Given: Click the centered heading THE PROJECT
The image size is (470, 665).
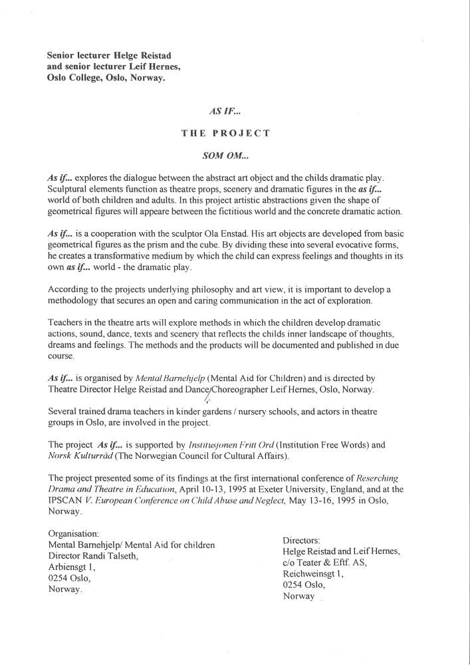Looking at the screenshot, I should (225, 133).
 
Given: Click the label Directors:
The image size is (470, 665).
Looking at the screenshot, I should (302, 541).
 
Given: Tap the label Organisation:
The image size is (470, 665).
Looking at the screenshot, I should (74, 534).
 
